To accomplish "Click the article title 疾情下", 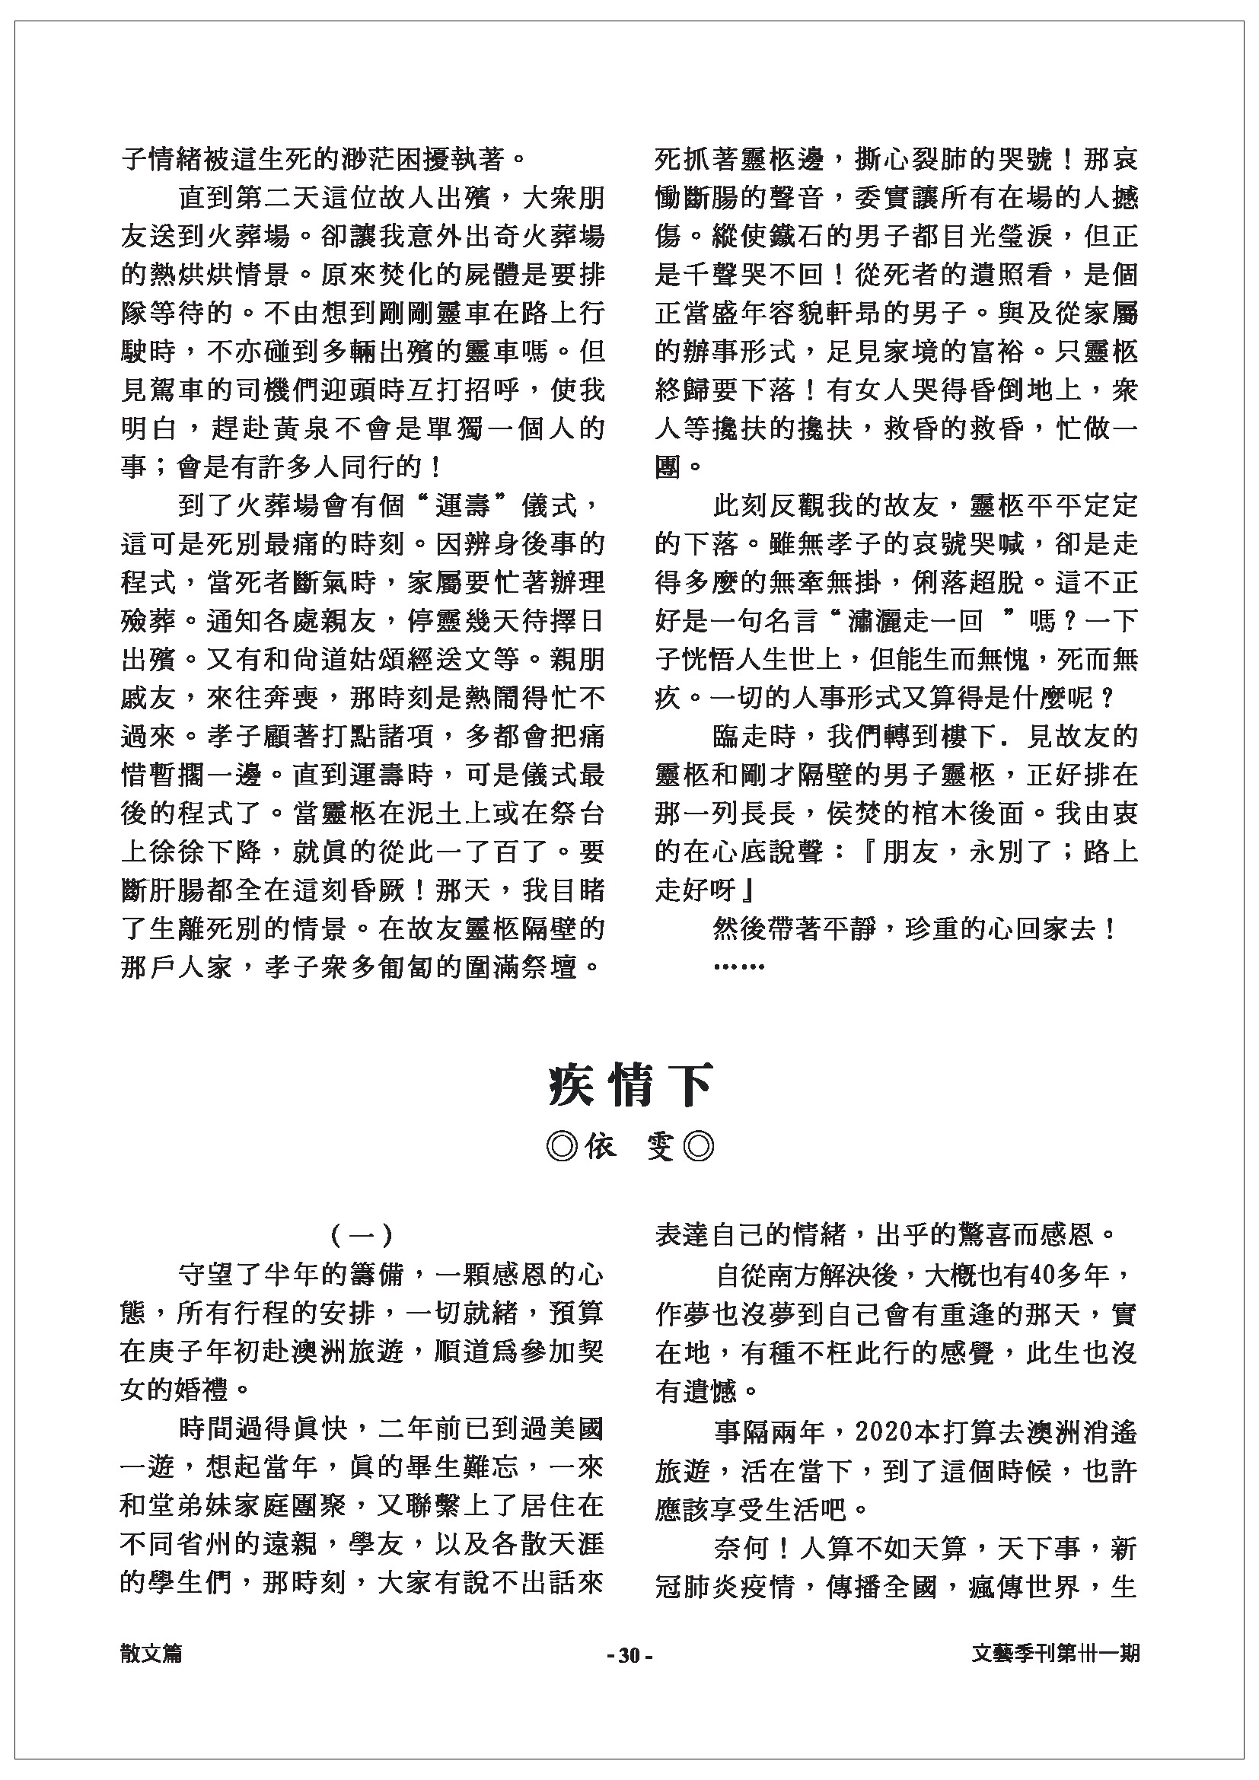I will tap(629, 1087).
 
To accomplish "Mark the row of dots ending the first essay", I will tap(739, 966).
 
